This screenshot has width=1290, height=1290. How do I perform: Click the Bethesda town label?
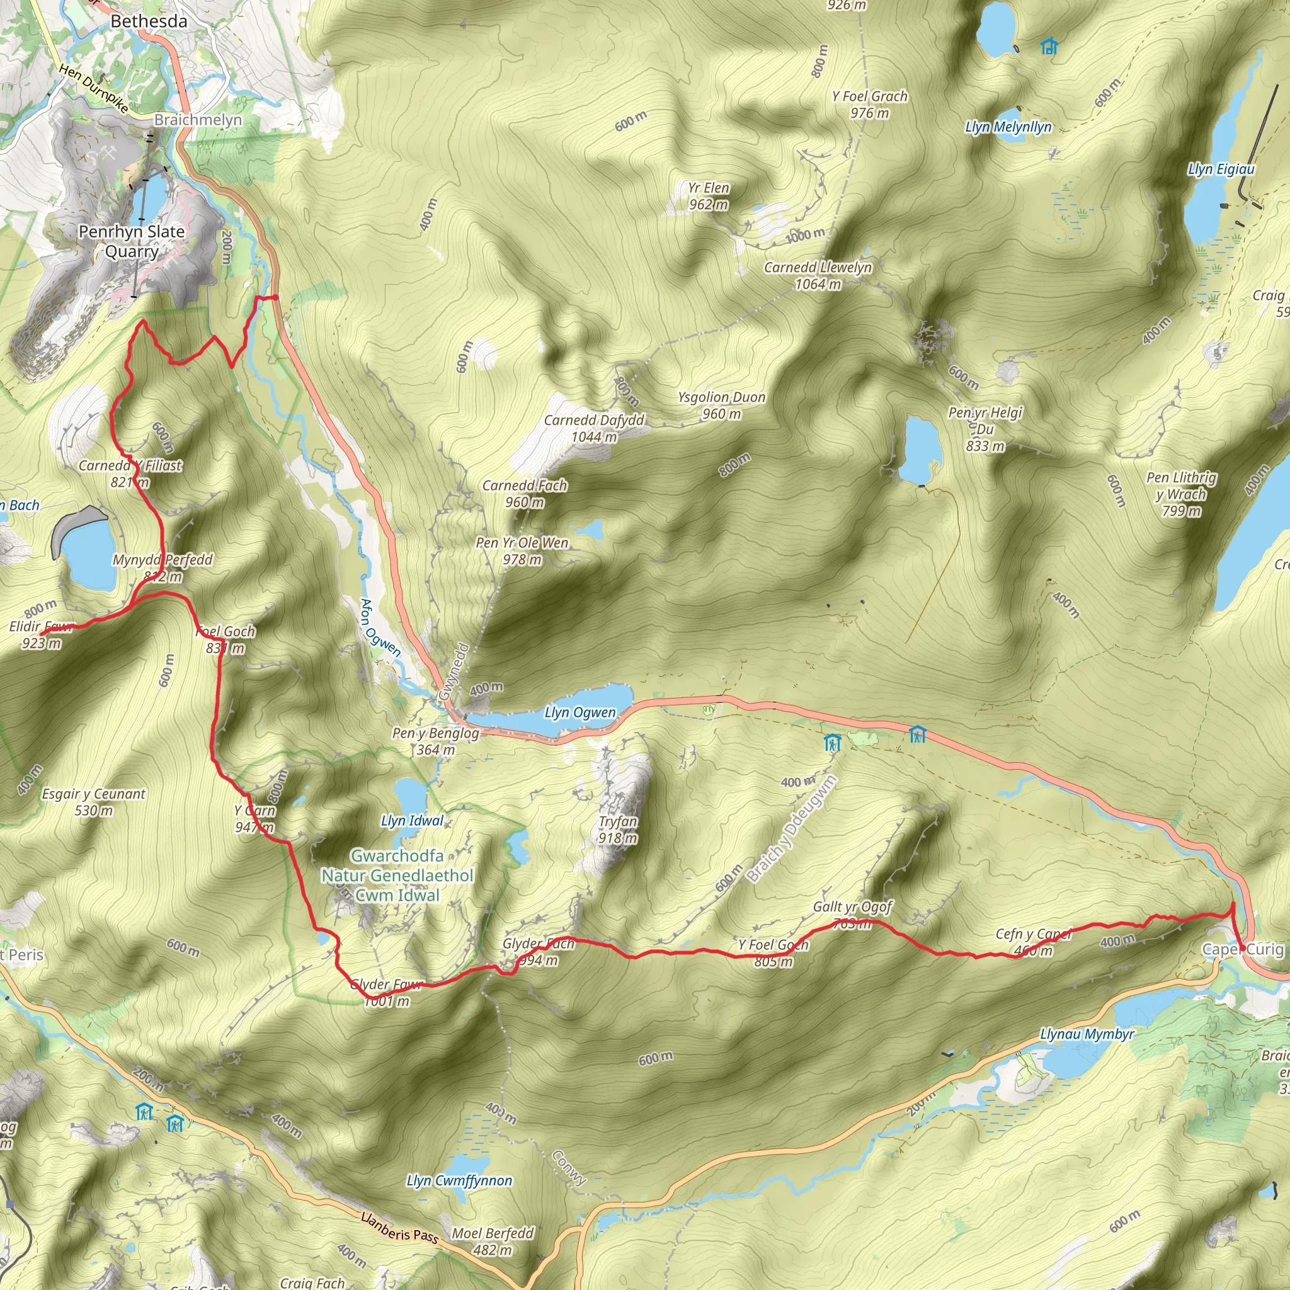pos(149,21)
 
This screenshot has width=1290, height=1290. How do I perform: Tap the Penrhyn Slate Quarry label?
pos(132,241)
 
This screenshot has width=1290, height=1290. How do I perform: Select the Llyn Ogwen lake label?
pos(579,712)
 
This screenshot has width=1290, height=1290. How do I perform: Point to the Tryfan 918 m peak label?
pos(618,830)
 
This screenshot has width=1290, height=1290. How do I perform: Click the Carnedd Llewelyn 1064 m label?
pos(818,275)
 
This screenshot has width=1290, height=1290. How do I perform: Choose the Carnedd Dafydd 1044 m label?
pos(593,428)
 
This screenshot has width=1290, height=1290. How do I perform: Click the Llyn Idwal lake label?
pos(412,821)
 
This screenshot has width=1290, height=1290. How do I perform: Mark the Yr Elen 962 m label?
pos(709,196)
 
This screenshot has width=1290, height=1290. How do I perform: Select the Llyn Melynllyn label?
pos(1008,127)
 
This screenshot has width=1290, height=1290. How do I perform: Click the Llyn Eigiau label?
pos(1221,169)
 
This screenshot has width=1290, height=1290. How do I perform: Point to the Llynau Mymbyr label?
pos(1087,1034)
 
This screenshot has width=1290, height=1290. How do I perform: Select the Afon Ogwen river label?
pos(379,627)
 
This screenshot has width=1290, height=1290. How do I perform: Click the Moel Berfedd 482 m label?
pos(493,1241)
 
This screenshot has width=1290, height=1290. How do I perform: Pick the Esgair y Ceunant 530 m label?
pos(93,802)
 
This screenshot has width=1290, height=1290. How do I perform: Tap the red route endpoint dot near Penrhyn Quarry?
pos(275,297)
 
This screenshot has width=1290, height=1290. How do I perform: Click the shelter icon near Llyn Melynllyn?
pos(1049,46)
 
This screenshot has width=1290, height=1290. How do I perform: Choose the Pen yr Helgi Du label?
pos(985,429)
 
